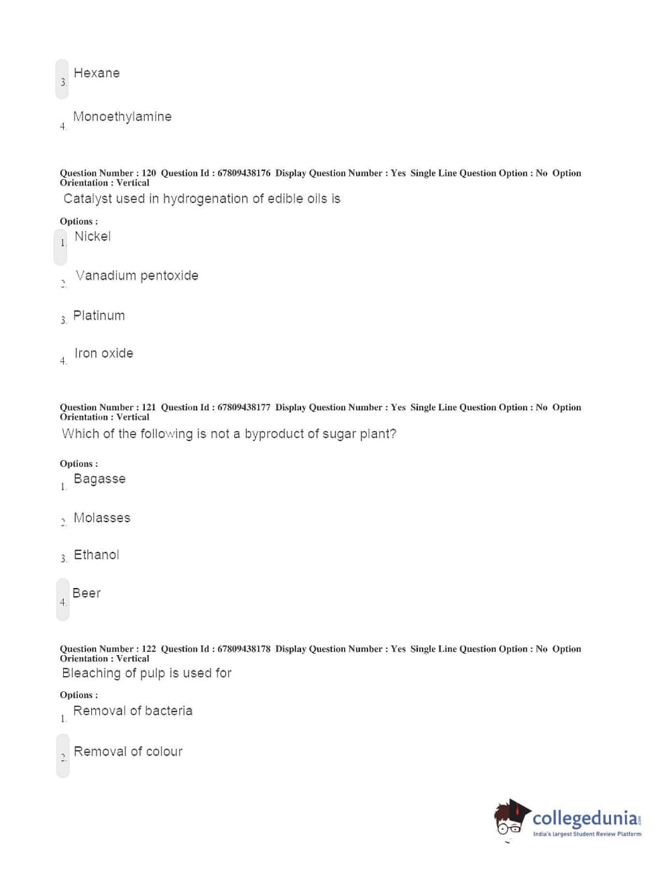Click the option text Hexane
coord(97,73)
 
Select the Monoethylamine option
coord(122,117)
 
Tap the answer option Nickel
coord(93,237)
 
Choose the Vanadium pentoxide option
coord(137,276)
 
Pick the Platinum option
coord(99,316)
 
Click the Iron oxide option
coord(103,353)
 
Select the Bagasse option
coord(99,479)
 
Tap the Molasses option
coord(102,518)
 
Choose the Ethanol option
coord(97,555)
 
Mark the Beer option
coord(87,593)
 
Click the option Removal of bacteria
coord(133,711)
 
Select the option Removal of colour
coord(128,752)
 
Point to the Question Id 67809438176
coord(243,173)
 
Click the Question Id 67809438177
coord(243,407)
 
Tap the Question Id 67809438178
coord(243,648)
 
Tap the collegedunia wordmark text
coord(584,819)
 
